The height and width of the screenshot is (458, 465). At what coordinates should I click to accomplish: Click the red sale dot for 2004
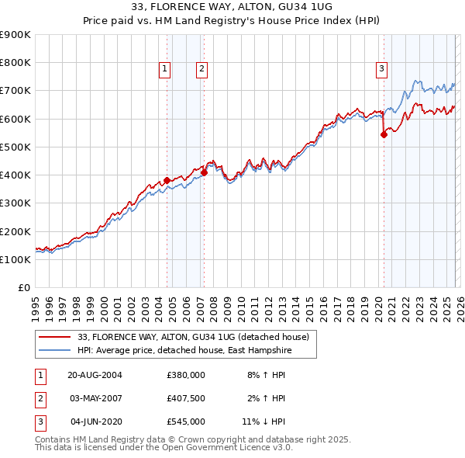coord(167,180)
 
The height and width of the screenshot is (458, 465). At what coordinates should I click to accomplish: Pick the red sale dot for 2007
coord(204,172)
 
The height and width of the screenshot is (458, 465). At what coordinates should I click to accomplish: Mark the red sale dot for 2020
coord(384,134)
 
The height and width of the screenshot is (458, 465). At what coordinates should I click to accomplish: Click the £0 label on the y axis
coord(23,287)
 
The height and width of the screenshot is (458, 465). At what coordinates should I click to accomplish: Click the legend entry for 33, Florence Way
coord(193,337)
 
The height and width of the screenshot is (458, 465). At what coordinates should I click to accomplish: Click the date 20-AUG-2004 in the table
coord(95,374)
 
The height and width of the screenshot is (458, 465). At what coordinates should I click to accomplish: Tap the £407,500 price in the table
coord(185,398)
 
